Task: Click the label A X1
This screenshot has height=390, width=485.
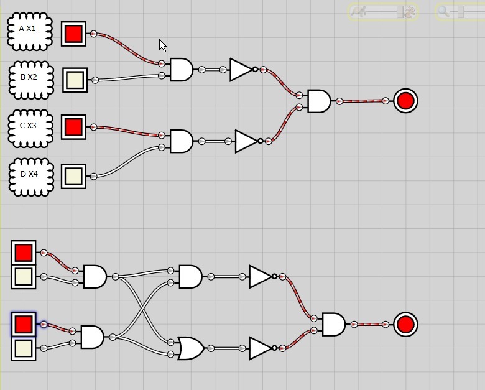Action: coord(27,29)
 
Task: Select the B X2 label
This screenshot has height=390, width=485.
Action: coord(29,77)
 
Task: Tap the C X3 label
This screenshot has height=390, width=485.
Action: coord(28,126)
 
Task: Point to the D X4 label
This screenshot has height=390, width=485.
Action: coord(29,174)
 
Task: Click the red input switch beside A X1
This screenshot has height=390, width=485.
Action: coord(73,34)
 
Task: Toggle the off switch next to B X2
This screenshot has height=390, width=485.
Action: coord(75,80)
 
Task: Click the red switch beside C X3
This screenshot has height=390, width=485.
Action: coord(73,127)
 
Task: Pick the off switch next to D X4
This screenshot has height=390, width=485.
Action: coord(73,176)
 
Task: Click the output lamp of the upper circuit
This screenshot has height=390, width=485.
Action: coord(405,101)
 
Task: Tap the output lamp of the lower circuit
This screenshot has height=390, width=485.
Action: coord(405,324)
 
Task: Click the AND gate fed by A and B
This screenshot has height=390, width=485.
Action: coord(182,70)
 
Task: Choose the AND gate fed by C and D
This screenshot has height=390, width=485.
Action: coord(182,141)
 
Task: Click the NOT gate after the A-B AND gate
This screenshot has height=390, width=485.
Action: coord(243,70)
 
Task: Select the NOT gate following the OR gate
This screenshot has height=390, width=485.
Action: coord(262,348)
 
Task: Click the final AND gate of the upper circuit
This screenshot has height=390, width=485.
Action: coord(319,101)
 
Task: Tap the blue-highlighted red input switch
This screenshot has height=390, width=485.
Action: coord(24,324)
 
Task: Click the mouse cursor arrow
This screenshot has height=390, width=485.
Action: coord(162,46)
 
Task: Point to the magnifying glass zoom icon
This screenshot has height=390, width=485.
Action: coord(443,11)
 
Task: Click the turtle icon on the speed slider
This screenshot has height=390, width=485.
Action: coord(359,11)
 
